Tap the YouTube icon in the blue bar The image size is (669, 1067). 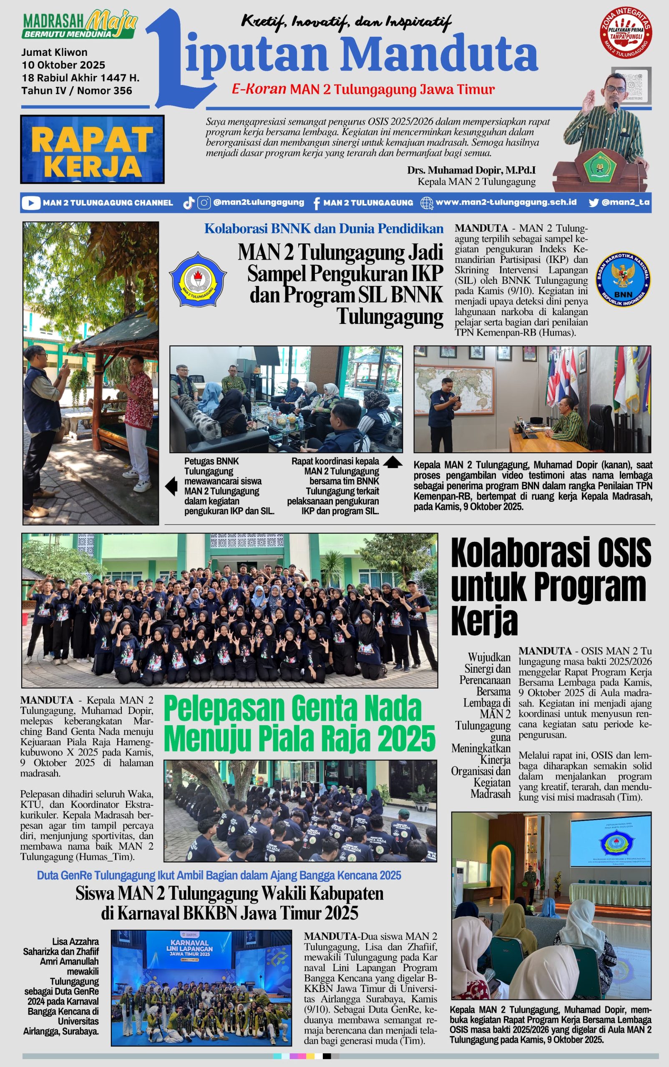(x=30, y=203)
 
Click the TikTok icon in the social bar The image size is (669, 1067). (x=189, y=203)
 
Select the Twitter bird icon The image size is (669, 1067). (x=594, y=203)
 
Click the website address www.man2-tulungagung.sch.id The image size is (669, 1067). (x=506, y=202)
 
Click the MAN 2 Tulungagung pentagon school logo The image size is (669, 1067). (x=198, y=280)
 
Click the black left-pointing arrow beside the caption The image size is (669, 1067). (x=171, y=486)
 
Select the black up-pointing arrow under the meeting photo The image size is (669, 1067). (x=392, y=462)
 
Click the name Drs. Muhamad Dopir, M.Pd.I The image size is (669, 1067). (x=471, y=170)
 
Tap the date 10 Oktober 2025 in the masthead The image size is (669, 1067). (x=63, y=65)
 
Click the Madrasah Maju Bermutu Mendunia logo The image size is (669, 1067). (x=79, y=25)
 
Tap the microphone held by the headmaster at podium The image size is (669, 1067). (x=615, y=106)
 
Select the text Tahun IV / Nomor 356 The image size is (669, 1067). (x=77, y=90)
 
